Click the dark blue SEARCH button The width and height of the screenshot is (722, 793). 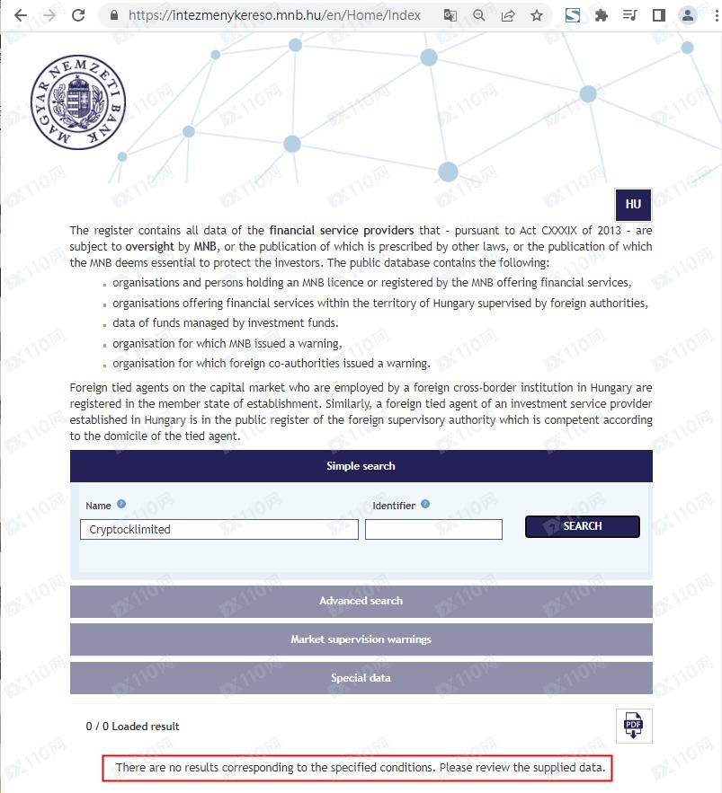click(582, 526)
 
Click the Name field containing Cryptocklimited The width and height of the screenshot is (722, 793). click(219, 530)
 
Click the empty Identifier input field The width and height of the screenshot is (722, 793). click(433, 530)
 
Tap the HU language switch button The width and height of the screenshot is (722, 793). click(633, 205)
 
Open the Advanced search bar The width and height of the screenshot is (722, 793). click(361, 601)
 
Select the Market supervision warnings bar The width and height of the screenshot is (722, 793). click(361, 639)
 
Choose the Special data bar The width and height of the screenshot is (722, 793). click(361, 678)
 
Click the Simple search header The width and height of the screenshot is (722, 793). click(361, 466)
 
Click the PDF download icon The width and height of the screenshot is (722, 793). click(634, 725)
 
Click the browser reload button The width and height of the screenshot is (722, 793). click(78, 15)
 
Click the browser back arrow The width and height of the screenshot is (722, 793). click(20, 15)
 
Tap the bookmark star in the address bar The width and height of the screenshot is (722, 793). click(537, 15)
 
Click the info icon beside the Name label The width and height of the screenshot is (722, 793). click(121, 505)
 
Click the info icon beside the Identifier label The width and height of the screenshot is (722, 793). click(425, 505)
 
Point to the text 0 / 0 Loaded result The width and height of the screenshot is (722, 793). click(133, 726)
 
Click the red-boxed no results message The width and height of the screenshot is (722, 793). click(361, 769)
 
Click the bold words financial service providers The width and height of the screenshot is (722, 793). click(342, 231)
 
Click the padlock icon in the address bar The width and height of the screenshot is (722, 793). click(113, 15)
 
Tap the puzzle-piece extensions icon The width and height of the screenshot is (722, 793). click(602, 15)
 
